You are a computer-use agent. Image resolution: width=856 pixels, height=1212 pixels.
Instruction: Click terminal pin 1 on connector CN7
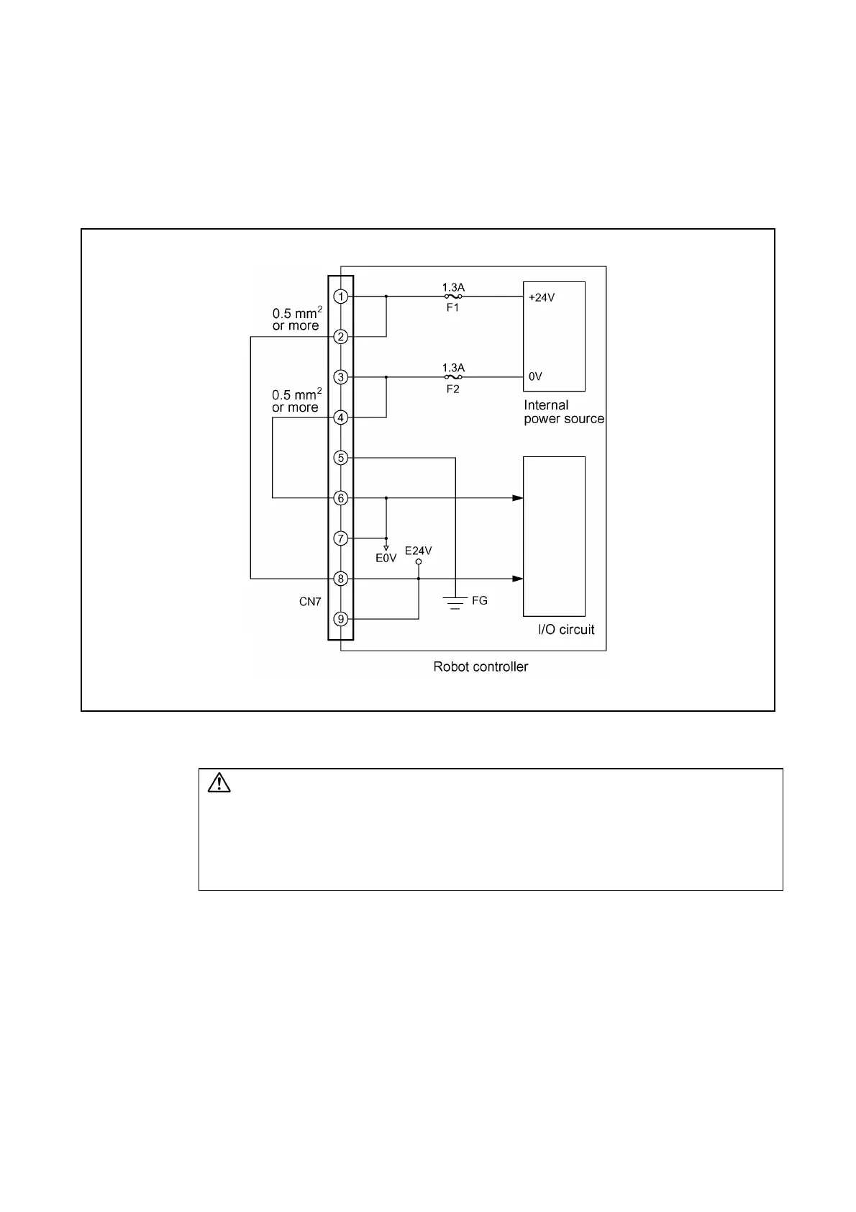click(x=341, y=297)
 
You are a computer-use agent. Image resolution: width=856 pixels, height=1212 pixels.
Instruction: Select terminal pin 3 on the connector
click(x=341, y=377)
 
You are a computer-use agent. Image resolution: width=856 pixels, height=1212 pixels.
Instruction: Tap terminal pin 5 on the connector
click(x=341, y=458)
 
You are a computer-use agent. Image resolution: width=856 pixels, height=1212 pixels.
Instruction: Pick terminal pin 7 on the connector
click(x=341, y=538)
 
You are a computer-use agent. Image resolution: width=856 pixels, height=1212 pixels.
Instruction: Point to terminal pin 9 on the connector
click(x=341, y=619)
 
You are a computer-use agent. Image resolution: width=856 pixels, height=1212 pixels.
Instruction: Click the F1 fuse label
click(x=452, y=307)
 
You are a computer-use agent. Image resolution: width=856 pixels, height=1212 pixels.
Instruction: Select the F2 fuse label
click(x=452, y=389)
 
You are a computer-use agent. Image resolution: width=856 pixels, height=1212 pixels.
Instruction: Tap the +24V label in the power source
click(x=542, y=297)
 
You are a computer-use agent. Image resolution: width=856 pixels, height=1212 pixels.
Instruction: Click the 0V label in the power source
click(x=535, y=376)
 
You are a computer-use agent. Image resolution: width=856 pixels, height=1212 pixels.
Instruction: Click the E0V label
click(x=386, y=558)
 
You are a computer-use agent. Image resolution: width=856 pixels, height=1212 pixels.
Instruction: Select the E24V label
click(x=418, y=551)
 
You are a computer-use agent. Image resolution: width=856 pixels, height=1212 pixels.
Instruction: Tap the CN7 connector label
click(x=310, y=602)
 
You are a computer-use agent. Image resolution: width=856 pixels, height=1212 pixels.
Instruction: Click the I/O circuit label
click(x=566, y=630)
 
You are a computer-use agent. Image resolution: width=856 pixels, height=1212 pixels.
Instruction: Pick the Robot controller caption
click(x=481, y=666)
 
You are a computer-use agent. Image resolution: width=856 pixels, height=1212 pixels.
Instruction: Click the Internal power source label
click(x=563, y=412)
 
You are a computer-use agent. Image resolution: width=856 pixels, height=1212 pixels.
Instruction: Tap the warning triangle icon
click(x=219, y=782)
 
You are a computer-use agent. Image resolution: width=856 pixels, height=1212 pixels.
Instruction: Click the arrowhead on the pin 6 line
click(x=518, y=498)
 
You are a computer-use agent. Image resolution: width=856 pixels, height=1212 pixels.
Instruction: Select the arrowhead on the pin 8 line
click(x=518, y=579)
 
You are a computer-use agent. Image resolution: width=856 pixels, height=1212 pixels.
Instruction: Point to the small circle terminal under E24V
click(x=419, y=561)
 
